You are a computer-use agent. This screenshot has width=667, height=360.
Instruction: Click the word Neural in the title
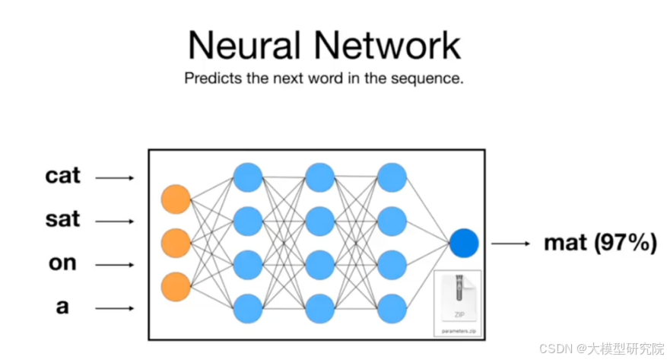pos(242,45)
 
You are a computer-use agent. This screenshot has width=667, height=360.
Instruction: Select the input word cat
pos(62,176)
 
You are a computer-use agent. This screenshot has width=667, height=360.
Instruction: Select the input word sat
pos(62,220)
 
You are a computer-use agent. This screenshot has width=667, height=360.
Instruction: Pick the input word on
pos(62,263)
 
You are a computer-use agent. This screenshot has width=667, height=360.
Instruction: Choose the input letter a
pos(62,307)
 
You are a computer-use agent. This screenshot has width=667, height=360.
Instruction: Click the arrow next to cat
pos(115,178)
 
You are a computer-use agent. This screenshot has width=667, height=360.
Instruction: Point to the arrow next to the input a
pos(115,308)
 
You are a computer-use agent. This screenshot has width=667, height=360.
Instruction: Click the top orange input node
pos(176,199)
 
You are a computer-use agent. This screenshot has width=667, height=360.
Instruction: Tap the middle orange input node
pos(176,243)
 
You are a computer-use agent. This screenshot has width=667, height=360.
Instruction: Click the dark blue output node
pos(463,243)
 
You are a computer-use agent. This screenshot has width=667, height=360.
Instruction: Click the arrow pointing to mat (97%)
pos(510,244)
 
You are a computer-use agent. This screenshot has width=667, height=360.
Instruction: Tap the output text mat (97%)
pos(599,244)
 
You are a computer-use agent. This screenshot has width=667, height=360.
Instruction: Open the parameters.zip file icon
pos(457,301)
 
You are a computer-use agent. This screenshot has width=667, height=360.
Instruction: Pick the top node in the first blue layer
pos(248,177)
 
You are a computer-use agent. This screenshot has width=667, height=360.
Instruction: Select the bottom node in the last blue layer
pos(392,308)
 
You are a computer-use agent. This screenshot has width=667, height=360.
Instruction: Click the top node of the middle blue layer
pos(319,177)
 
